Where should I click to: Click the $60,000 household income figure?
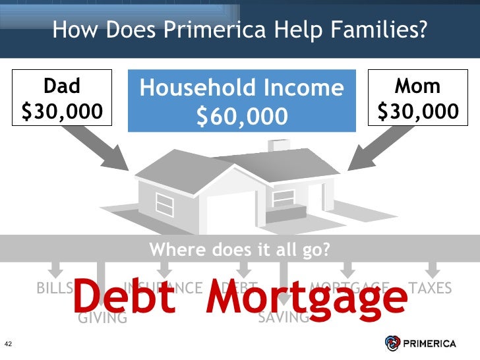pyautogui.click(x=242, y=117)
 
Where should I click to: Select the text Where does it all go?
pyautogui.click(x=239, y=250)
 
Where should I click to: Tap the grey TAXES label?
pyautogui.click(x=431, y=288)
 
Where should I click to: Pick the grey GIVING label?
pyautogui.click(x=102, y=318)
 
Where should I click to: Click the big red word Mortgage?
pyautogui.click(x=307, y=298)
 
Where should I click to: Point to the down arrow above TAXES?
pyautogui.click(x=432, y=268)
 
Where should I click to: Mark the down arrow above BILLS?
pyautogui.click(x=55, y=268)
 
